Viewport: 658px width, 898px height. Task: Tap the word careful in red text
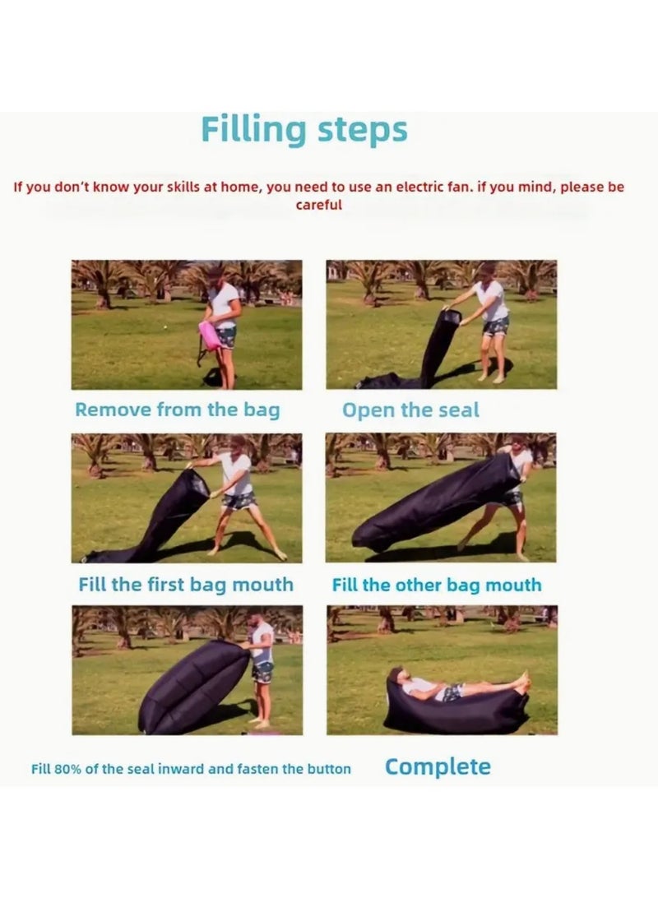pyautogui.click(x=318, y=206)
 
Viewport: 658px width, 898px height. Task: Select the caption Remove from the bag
pyautogui.click(x=177, y=410)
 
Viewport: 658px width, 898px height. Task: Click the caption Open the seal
pyautogui.click(x=410, y=410)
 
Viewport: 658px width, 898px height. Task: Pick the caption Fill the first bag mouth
pyautogui.click(x=186, y=585)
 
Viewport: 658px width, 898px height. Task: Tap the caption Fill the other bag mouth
pyautogui.click(x=437, y=586)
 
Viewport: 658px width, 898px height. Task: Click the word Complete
pyautogui.click(x=438, y=767)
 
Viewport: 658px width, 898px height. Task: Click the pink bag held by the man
pyautogui.click(x=209, y=336)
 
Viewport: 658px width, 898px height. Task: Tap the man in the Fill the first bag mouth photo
pyautogui.click(x=237, y=493)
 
